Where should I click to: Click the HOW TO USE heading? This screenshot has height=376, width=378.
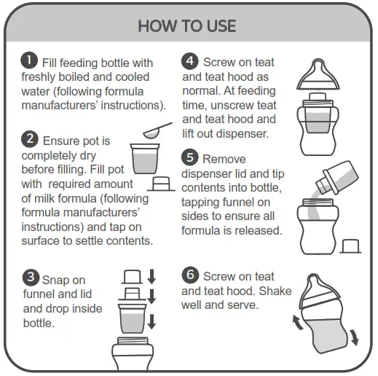(187, 26)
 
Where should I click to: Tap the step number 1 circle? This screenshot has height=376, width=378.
(30, 61)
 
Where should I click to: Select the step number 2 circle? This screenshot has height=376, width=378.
(30, 139)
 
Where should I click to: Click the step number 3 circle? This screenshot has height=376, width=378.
(31, 278)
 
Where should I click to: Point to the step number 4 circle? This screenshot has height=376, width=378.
(190, 61)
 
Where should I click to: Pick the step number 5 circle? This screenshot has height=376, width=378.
(190, 157)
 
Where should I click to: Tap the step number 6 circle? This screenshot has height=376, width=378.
(190, 275)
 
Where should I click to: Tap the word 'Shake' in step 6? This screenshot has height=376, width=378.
(275, 291)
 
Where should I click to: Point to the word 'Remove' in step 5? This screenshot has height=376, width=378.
(224, 159)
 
